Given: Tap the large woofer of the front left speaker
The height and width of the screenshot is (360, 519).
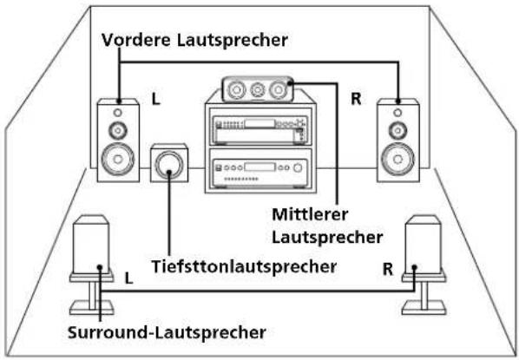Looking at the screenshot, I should pos(117,160).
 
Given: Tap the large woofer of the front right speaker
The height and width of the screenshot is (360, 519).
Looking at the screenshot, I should pos(397,160).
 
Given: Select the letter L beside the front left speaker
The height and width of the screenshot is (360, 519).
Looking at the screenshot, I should pos(155,101).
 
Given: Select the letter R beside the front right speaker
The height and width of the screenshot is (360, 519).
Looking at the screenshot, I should pos(355,100).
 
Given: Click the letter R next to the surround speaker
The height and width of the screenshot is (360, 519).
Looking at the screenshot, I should pos(387,269).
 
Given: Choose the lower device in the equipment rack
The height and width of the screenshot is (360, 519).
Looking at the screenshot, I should pos(257,168).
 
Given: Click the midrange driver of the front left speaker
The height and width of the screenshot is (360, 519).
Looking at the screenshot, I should pos(117,132).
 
